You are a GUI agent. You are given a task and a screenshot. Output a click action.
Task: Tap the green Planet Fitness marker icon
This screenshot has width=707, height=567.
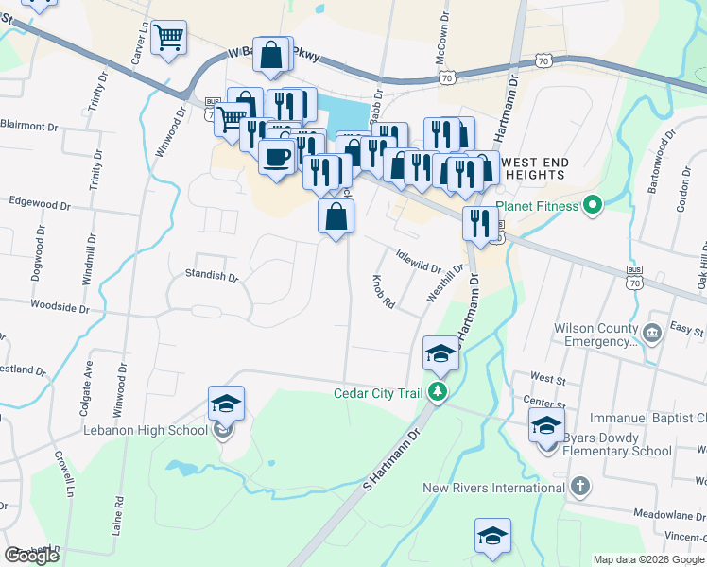click(x=593, y=203)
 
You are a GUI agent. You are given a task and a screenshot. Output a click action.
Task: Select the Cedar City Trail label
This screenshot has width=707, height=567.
click(x=382, y=393)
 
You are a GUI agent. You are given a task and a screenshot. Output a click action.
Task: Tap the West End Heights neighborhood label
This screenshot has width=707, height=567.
click(x=537, y=168)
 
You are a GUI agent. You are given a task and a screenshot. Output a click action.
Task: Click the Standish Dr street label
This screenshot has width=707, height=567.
click(x=212, y=276)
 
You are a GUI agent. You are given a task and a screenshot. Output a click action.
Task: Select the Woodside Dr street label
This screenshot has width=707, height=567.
click(x=60, y=308)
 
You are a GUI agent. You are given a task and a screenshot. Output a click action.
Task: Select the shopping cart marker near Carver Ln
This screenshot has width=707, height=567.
click(x=169, y=38)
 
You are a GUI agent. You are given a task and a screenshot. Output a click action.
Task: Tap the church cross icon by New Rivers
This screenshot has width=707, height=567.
click(x=580, y=488)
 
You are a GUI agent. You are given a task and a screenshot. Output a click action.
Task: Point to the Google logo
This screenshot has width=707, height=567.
click(x=32, y=556)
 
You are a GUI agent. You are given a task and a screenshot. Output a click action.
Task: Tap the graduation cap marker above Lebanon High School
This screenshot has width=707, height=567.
click(x=226, y=404)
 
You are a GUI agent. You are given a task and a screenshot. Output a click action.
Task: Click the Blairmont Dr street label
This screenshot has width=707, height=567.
click(x=36, y=125)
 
